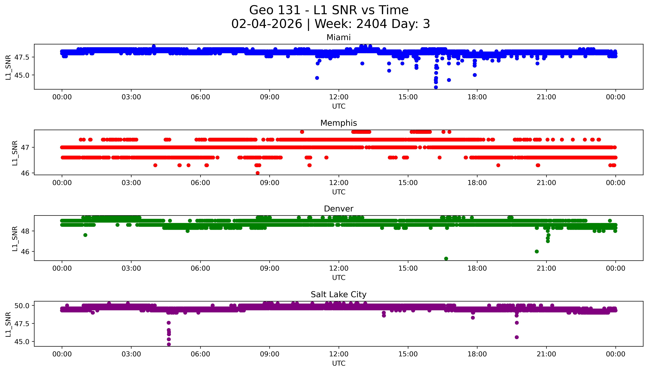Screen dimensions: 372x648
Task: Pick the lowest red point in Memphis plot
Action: click(x=257, y=173)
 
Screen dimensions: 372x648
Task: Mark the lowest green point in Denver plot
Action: click(x=446, y=259)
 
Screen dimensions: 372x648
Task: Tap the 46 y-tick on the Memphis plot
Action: click(x=27, y=173)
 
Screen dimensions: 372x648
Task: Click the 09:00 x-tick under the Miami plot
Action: click(x=269, y=97)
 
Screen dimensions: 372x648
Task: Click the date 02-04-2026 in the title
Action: click(x=267, y=24)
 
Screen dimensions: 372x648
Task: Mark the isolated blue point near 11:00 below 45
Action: click(x=317, y=78)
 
